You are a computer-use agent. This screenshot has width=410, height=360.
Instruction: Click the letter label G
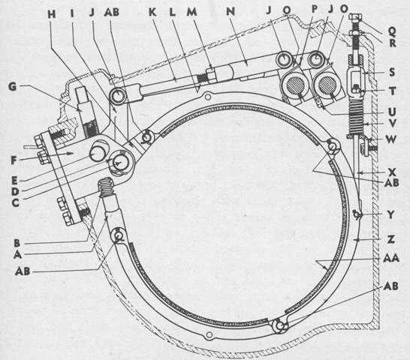[13, 86]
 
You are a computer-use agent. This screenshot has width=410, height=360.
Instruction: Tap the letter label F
[14, 160]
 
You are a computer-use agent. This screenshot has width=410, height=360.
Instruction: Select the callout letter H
[52, 14]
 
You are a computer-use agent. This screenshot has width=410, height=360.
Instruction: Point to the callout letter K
[152, 12]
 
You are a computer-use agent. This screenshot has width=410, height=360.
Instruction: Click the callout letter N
[231, 11]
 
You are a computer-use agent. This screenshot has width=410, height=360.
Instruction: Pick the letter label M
[191, 12]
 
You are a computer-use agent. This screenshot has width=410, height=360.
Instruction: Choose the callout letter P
[315, 8]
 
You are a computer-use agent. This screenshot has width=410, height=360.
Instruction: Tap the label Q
[392, 31]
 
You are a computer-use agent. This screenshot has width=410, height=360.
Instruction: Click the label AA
[391, 258]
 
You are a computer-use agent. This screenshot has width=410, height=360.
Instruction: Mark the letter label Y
[390, 214]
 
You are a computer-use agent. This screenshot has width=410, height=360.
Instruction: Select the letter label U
[391, 112]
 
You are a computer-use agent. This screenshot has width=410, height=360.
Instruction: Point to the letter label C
[16, 202]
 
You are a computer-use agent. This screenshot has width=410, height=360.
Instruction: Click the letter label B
[17, 243]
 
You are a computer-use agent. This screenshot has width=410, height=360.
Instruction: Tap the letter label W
[390, 139]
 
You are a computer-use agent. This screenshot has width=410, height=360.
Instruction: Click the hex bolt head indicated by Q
[356, 17]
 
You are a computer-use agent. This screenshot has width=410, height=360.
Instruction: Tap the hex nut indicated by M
[212, 75]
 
